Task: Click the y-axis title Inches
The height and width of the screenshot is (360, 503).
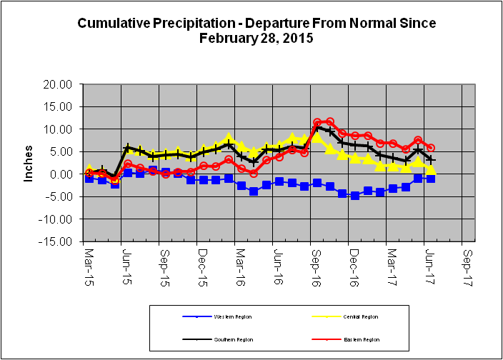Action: click(x=29, y=163)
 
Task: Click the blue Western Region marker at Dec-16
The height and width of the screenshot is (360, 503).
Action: click(x=355, y=195)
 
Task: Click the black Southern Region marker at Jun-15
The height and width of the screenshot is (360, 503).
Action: click(x=127, y=148)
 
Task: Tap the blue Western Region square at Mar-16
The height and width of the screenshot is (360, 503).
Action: click(x=241, y=186)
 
